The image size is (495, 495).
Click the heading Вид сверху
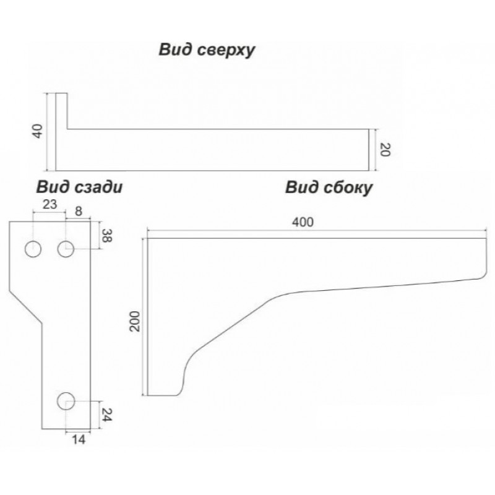207,51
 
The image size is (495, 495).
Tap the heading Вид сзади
78,187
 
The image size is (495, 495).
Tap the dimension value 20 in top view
384,149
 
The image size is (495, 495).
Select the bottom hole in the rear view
66,401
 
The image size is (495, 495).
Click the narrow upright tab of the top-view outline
61,111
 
